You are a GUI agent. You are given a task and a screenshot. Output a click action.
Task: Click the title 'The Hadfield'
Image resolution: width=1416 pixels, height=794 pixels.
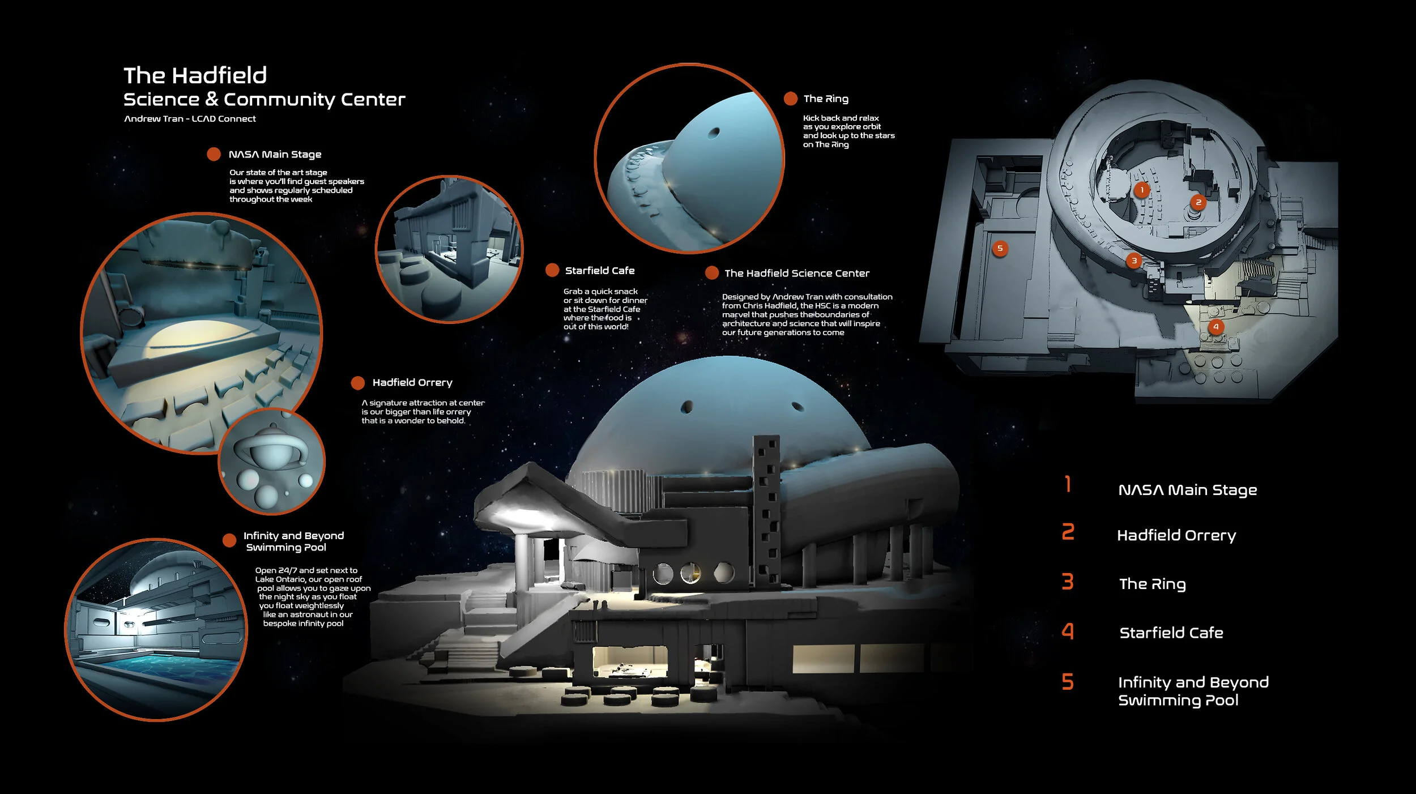pos(195,75)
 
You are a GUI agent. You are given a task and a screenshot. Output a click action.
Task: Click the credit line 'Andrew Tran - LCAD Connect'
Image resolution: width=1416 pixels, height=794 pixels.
pos(190,119)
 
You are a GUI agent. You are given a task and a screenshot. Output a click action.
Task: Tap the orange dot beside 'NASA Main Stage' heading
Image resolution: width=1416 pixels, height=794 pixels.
pos(214,154)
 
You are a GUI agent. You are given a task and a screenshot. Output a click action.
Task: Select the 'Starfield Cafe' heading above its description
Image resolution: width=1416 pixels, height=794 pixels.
pos(600,271)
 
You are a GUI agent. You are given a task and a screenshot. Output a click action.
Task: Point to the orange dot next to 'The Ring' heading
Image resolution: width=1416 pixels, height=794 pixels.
pos(790,99)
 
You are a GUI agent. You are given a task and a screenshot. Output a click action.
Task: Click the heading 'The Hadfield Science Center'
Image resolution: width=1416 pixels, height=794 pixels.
pos(797,273)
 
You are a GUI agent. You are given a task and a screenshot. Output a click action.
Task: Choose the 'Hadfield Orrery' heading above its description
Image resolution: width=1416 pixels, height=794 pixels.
pos(412,383)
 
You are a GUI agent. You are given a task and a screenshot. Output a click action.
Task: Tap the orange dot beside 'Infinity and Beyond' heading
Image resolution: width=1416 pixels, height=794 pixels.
pos(229,540)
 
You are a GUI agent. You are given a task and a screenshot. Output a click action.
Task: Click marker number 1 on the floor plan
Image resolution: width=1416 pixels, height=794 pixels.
pos(1142,190)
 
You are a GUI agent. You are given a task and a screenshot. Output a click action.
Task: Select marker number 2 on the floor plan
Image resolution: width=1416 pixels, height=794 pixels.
pos(1198,202)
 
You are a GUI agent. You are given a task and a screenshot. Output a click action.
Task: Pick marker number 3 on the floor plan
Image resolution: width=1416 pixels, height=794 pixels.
pos(1134,261)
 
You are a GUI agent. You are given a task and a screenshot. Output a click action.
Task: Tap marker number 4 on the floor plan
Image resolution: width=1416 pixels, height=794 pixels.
pos(1215,326)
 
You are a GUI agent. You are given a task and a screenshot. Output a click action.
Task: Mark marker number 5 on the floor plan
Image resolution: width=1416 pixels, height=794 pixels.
pos(1000,248)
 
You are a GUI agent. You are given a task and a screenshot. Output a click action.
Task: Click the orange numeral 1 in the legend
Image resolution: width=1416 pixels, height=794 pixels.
pos(1068,484)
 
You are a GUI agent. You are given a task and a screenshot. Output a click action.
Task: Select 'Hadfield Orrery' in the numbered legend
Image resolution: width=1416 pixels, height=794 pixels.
pos(1176,535)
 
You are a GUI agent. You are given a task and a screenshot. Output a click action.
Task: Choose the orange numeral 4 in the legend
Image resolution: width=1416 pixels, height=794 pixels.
pos(1068,631)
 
